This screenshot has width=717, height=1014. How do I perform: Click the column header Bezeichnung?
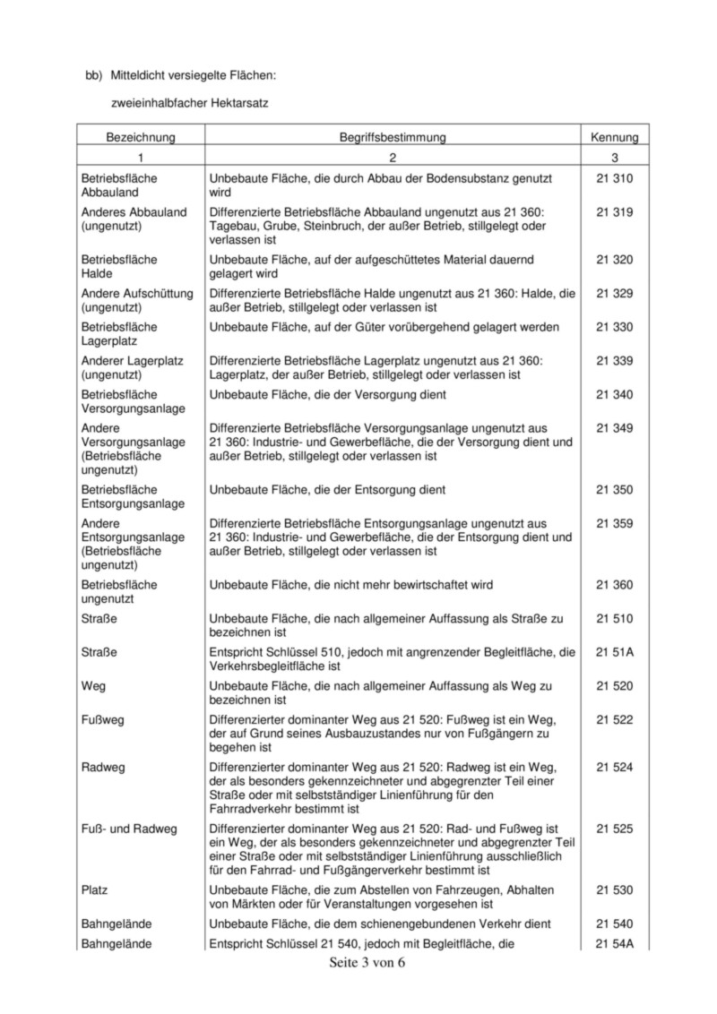coord(140,137)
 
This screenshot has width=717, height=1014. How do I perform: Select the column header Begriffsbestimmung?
coord(393,137)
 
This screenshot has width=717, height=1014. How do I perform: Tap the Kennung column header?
coord(614,137)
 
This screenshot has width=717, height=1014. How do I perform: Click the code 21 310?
coord(614,179)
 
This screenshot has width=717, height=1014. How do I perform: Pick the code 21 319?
coord(614,212)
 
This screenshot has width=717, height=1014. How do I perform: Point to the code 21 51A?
coord(614,652)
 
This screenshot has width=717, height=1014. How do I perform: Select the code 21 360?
coord(614,585)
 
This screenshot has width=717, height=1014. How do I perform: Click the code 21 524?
coord(614,768)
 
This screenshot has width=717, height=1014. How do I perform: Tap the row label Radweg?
coord(101,768)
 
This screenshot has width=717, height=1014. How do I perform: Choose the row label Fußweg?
coord(103,720)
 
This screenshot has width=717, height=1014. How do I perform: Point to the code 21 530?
coord(614,889)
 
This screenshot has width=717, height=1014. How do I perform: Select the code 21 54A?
coord(614,943)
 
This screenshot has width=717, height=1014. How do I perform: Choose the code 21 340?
coord(614,394)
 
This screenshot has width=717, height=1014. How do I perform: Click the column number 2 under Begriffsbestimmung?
coord(393,157)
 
